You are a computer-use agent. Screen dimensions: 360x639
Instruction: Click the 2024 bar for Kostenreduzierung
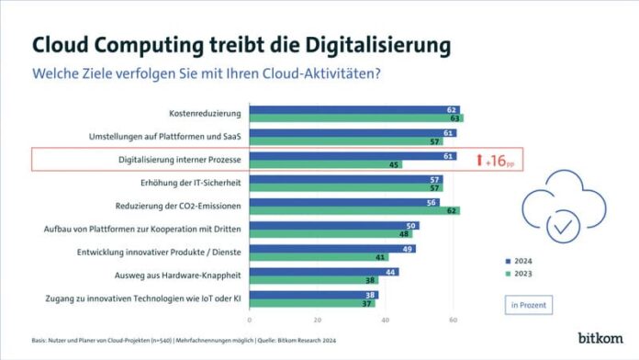coord(353,108)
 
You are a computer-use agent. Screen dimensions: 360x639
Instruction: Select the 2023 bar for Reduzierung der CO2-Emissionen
coord(354,210)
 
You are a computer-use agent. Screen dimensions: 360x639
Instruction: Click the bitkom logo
coord(600,337)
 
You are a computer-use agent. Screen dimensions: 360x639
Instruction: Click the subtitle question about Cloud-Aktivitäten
coord(219,73)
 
